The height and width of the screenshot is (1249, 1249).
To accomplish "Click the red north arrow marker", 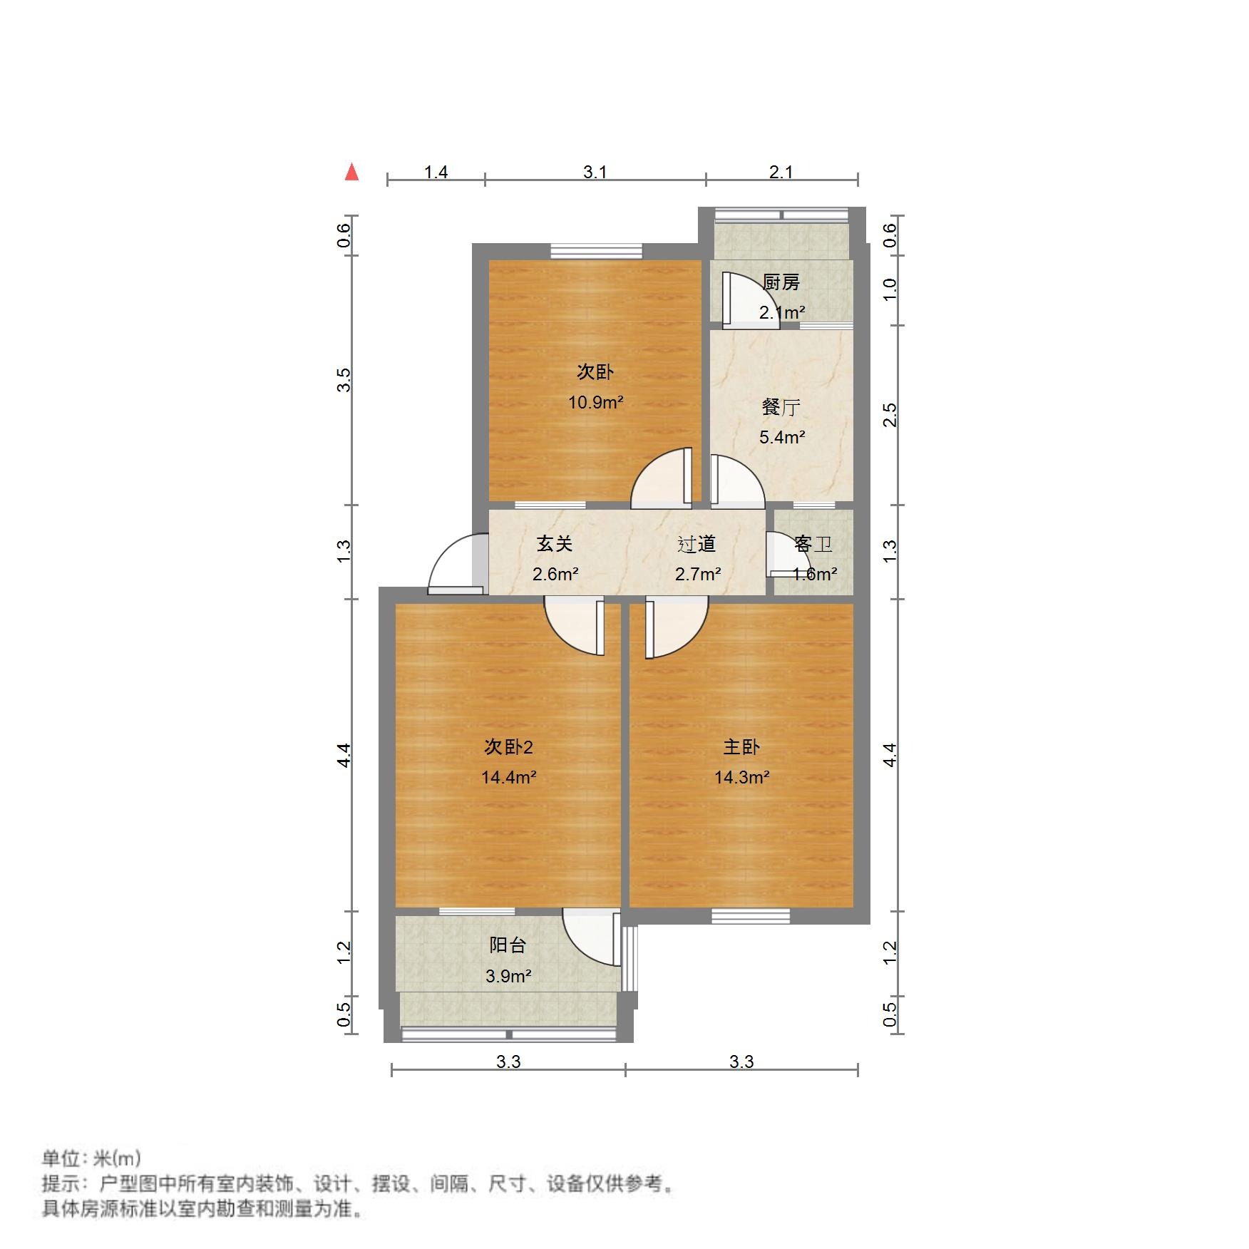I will [x=351, y=172].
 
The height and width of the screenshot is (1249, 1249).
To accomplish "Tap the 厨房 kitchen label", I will [x=781, y=282].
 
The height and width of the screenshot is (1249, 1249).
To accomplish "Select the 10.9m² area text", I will [x=595, y=402].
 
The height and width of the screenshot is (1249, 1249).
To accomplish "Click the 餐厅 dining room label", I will [x=781, y=407].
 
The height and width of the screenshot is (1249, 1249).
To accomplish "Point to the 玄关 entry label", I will [x=555, y=544].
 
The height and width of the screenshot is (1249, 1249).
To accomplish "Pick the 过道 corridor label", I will [x=697, y=544].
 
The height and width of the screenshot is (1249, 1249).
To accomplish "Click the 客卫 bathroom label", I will [x=813, y=545].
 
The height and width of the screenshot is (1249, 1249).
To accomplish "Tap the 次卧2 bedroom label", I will [x=508, y=747].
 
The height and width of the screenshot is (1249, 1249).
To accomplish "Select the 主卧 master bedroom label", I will [x=741, y=747].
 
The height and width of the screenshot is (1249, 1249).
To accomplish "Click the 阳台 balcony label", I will [x=508, y=945].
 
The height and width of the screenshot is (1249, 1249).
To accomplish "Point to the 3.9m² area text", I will [x=508, y=976].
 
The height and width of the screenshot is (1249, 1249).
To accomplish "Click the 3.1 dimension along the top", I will [x=595, y=172].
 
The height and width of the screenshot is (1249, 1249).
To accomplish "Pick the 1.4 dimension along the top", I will [x=436, y=172].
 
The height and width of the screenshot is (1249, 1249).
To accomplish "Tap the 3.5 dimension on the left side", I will [x=344, y=379].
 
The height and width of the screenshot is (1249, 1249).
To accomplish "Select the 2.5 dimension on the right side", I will [x=890, y=414].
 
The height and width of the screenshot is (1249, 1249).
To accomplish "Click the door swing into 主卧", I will [x=677, y=627].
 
